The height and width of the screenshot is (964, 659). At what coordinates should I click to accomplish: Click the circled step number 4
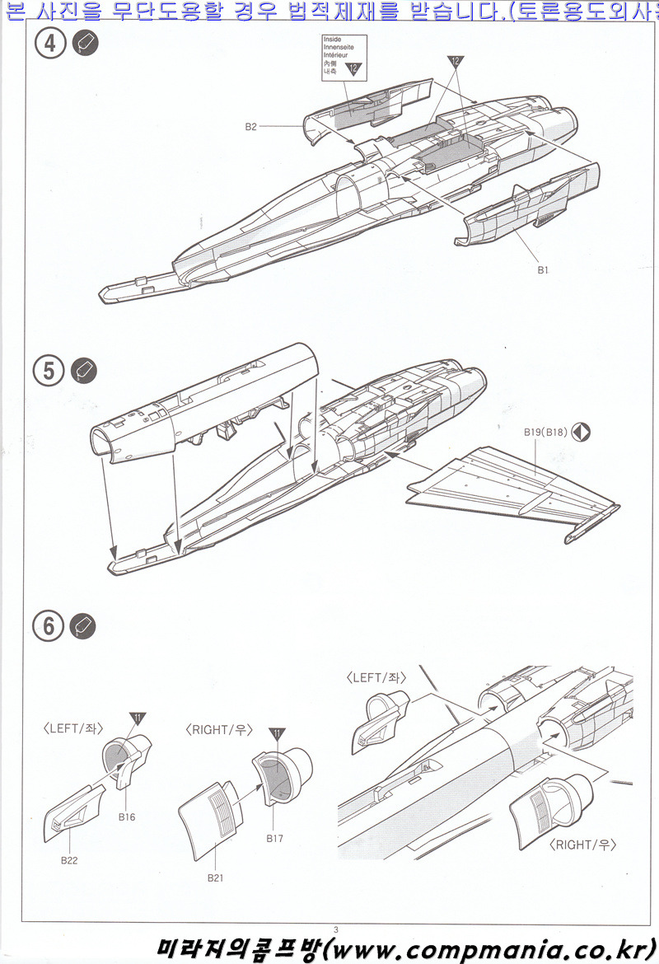click(x=50, y=44)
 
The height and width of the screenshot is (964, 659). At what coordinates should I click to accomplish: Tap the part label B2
click(x=251, y=126)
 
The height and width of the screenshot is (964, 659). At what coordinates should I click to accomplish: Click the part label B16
click(x=126, y=817)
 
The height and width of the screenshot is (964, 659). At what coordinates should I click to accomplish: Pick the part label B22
click(x=69, y=859)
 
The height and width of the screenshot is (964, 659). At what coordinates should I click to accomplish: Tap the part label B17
click(x=275, y=838)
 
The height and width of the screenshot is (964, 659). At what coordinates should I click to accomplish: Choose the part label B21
click(x=215, y=877)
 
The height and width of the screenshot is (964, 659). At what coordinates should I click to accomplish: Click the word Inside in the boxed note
click(x=332, y=40)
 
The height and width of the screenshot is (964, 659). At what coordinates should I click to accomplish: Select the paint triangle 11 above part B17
click(x=277, y=733)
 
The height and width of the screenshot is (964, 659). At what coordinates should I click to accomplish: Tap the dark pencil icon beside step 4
click(x=85, y=44)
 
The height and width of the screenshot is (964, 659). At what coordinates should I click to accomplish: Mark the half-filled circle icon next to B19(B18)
click(x=582, y=431)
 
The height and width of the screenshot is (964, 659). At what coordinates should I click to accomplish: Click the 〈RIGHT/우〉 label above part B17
click(x=218, y=730)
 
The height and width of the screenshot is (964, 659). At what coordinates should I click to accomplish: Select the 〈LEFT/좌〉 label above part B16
click(x=72, y=728)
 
